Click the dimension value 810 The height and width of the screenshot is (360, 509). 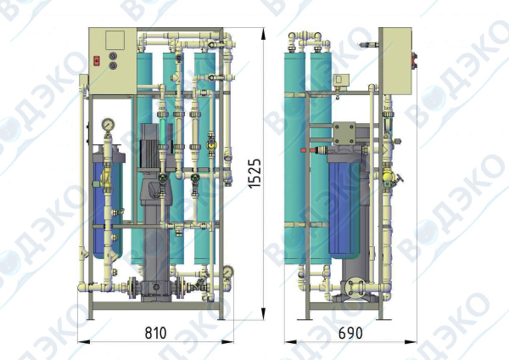coord(155,333)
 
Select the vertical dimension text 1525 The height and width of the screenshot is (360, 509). coord(255,173)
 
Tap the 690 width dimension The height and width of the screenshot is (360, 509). coord(350,333)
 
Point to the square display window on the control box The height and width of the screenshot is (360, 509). coord(115,40)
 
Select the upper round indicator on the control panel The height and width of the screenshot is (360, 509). coord(113,56)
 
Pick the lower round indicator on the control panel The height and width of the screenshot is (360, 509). coord(113,65)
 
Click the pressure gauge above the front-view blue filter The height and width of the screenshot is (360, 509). coord(108,125)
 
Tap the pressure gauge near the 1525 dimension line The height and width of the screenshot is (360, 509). coord(228,272)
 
